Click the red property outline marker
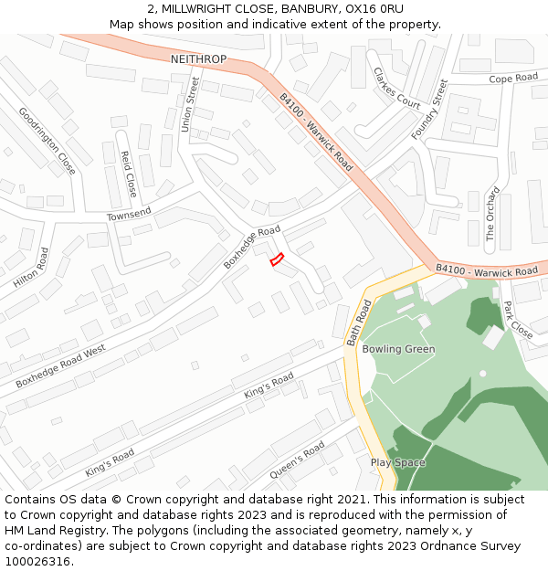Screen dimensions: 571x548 click(x=277, y=259)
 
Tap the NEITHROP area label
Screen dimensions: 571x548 click(x=198, y=58)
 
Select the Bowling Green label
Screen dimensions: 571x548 click(x=398, y=349)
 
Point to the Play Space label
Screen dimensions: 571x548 click(x=398, y=462)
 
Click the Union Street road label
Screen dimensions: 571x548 click(x=190, y=104)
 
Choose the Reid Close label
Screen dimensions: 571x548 click(x=129, y=174)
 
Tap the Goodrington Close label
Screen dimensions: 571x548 click(x=47, y=141)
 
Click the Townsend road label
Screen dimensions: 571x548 click(x=129, y=214)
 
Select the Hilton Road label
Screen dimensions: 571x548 click(x=31, y=268)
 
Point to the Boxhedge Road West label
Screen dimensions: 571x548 click(x=60, y=366)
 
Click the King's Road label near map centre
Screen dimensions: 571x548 click(x=269, y=385)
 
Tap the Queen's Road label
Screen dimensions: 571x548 click(x=298, y=461)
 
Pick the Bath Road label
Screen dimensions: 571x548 click(x=359, y=324)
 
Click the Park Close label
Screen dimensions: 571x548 click(x=518, y=320)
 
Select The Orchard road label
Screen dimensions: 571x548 click(x=492, y=214)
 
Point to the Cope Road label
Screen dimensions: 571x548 click(x=513, y=79)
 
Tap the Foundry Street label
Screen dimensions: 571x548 click(x=429, y=110)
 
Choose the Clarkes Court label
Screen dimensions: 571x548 click(x=396, y=90)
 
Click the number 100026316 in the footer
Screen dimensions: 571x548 click(x=39, y=561)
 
